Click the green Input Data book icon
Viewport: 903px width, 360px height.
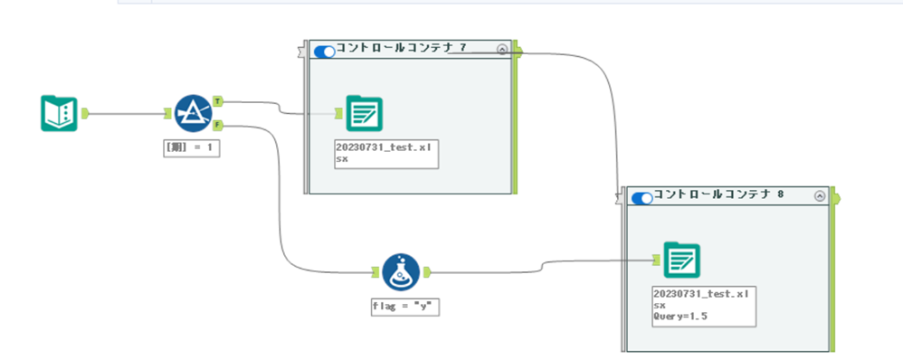59,113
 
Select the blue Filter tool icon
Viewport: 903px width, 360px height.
193,113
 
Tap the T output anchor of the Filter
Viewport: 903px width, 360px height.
218,102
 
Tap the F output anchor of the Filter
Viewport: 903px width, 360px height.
218,125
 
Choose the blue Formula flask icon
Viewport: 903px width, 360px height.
401,271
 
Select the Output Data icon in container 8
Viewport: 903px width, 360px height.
681,261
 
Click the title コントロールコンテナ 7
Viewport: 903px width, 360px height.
402,47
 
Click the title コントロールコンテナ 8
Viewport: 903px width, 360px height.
718,194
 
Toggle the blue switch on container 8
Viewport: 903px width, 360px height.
642,197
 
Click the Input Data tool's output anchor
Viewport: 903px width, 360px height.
85,113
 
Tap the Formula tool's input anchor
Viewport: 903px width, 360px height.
375,271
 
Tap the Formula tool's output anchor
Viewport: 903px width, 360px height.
427,271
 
